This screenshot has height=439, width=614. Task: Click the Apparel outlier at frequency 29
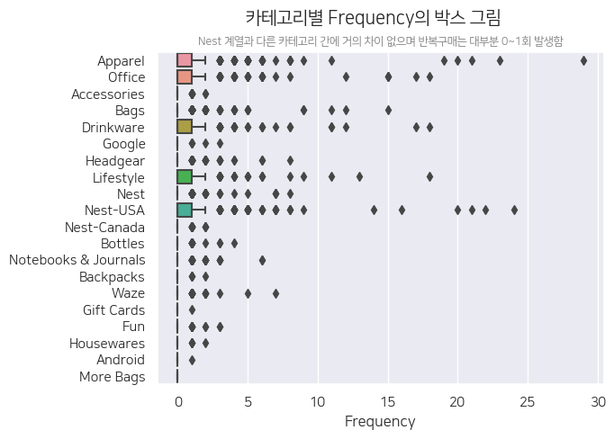583,60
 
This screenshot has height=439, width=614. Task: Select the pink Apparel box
185,60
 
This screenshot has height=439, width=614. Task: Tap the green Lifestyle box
185,177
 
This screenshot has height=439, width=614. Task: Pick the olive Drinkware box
185,127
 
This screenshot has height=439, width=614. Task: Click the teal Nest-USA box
185,211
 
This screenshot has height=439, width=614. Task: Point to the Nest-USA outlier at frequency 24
514,211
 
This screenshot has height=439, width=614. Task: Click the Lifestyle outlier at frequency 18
429,177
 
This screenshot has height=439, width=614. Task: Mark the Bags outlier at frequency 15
388,111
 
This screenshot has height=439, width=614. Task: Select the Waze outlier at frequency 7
275,293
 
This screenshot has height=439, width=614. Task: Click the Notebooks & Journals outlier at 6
262,260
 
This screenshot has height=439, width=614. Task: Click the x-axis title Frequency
380,421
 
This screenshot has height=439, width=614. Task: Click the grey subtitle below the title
380,41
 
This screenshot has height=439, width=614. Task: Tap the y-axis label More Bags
112,377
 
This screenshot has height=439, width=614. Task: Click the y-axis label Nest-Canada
104,228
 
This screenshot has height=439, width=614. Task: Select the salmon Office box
185,77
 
